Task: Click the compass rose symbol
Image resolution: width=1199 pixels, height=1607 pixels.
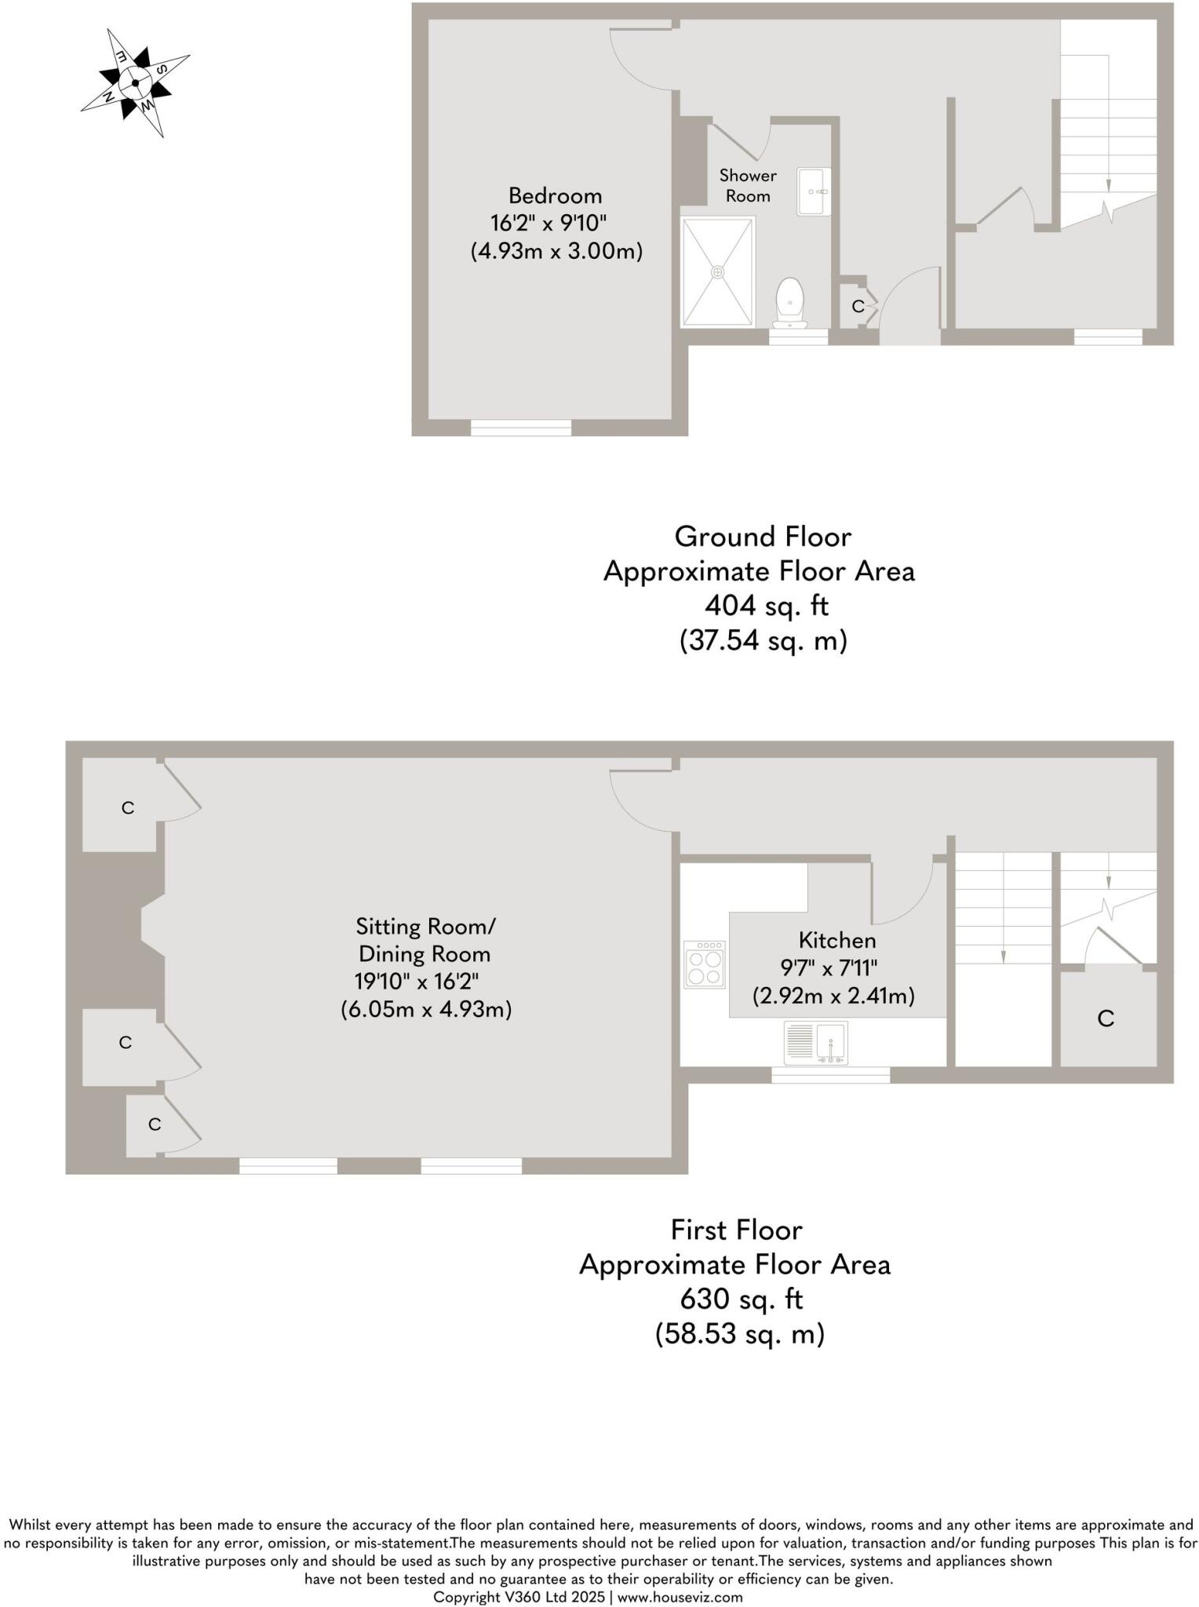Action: (x=136, y=82)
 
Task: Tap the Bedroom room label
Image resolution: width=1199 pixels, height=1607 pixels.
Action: (x=555, y=195)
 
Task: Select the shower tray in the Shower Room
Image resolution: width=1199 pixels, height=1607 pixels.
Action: (x=717, y=271)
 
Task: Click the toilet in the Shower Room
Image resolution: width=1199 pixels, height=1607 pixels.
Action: (x=789, y=304)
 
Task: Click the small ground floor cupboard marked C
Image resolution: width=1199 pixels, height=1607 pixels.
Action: (x=857, y=306)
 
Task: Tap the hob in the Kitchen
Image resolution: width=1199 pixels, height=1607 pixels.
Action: (x=704, y=965)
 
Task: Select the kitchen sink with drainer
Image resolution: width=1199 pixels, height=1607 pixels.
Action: (x=816, y=1043)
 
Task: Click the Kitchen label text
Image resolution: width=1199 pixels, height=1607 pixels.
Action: (x=836, y=940)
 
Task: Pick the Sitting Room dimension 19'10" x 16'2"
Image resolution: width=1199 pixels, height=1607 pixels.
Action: (x=417, y=982)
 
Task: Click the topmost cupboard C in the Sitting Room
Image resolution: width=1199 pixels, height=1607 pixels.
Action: (x=127, y=807)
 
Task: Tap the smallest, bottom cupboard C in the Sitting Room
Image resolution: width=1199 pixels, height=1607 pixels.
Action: (x=154, y=1124)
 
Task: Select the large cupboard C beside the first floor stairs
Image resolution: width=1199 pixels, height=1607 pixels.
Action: (x=1106, y=1018)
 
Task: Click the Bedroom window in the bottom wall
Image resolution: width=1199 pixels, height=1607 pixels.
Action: (x=521, y=428)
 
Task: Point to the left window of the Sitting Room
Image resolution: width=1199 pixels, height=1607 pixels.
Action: (x=288, y=1166)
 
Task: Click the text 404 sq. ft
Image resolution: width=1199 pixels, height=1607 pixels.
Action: (x=766, y=606)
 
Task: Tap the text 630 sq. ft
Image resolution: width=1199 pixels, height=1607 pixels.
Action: (x=741, y=1299)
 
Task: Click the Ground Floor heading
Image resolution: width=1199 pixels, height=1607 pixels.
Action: (x=763, y=537)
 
